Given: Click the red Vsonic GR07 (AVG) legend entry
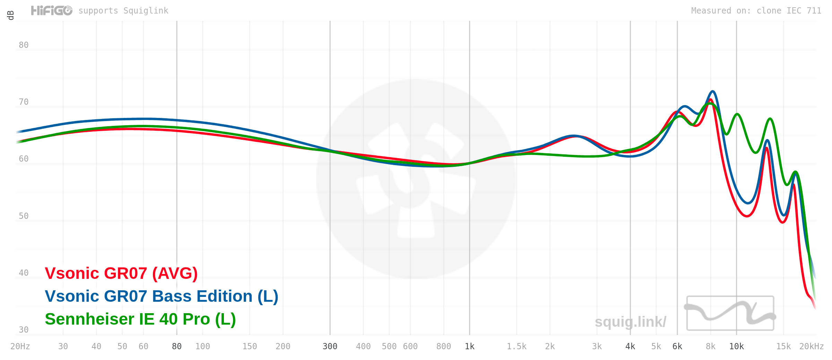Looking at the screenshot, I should (x=121, y=273).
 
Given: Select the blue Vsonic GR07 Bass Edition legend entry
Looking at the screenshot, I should (x=162, y=296).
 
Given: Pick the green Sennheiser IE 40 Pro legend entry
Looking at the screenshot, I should (x=140, y=319).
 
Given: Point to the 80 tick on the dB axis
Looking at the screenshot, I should (x=24, y=45).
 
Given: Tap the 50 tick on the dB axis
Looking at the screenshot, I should (x=24, y=216).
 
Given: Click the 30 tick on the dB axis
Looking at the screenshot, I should (x=24, y=330).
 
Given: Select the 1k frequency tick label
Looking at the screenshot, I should (x=469, y=346).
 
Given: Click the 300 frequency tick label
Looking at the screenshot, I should (x=330, y=346).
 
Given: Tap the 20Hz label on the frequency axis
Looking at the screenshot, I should (x=20, y=346).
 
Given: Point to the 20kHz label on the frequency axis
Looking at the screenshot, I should (x=811, y=346).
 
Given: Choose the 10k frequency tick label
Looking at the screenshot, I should (x=736, y=346).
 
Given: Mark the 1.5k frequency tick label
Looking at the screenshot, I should (x=517, y=346).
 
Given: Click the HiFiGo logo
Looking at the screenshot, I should (x=52, y=11).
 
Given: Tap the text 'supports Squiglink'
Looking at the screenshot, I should (x=123, y=11).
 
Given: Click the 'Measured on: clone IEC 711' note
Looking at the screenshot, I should (x=756, y=11).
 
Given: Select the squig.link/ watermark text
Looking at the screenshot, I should (x=630, y=322).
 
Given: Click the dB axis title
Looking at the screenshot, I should (x=11, y=15).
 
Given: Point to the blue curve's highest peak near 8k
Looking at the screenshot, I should (x=712, y=92).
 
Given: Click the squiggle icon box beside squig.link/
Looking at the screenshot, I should (x=730, y=313).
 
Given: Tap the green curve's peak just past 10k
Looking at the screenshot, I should (x=737, y=114).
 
